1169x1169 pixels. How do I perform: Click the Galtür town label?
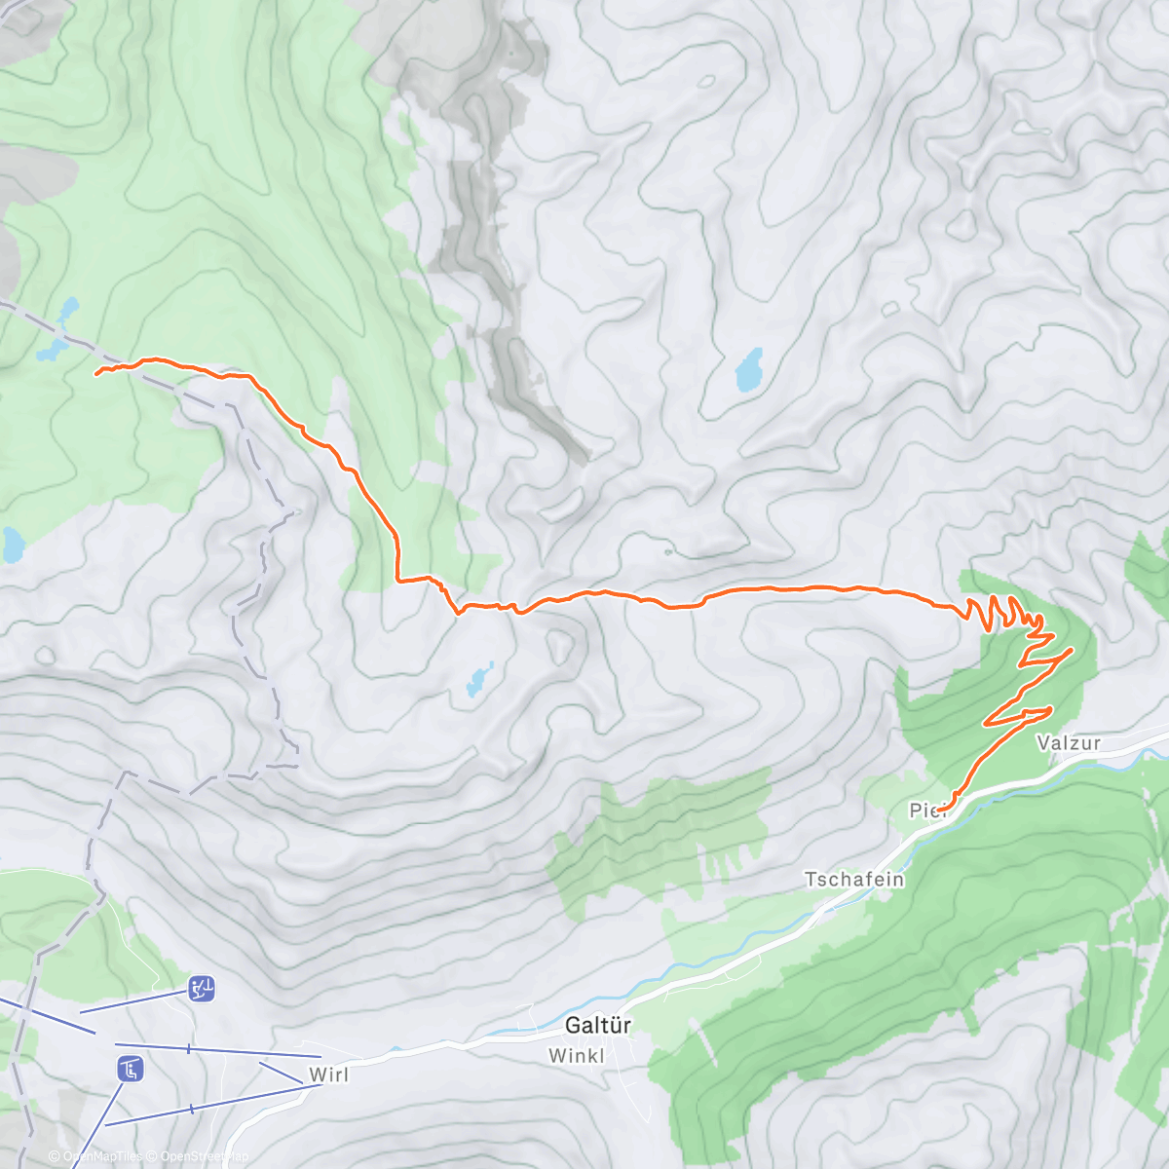click(597, 1025)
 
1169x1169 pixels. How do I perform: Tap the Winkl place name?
click(577, 1055)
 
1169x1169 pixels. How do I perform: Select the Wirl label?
click(329, 1075)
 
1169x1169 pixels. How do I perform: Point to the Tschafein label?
click(854, 879)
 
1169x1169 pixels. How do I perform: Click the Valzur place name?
click(1069, 742)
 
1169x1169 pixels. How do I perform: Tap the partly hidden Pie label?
click(924, 811)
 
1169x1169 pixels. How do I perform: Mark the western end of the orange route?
click(96, 372)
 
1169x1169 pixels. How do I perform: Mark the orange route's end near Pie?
click(940, 810)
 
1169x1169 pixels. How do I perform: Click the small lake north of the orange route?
click(749, 370)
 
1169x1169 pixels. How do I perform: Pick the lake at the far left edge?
click(12, 546)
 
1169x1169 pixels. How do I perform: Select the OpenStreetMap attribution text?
click(204, 1156)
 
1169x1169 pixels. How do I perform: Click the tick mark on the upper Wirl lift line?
click(188, 1048)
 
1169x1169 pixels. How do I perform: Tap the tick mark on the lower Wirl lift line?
click(192, 1109)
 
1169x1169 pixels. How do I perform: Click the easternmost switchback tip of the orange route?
click(1073, 649)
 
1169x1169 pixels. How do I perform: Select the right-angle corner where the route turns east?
click(398, 581)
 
